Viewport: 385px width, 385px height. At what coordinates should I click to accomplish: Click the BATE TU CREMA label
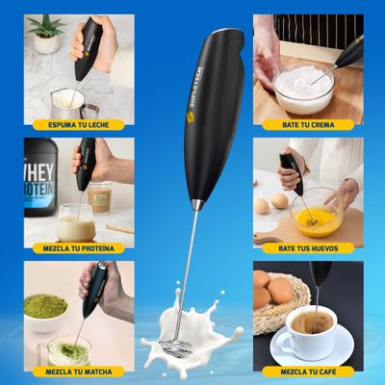308,124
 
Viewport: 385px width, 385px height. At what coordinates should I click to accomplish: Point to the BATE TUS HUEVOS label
308,247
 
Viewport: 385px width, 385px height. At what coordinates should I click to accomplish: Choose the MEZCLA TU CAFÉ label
308,371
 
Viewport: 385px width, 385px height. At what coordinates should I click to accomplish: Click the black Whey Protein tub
39,177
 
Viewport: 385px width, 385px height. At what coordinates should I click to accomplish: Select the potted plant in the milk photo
44,34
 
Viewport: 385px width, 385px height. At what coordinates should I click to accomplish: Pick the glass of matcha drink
68,348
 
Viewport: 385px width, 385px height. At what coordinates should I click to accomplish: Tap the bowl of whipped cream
303,90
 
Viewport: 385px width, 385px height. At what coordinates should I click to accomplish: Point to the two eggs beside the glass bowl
269,203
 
